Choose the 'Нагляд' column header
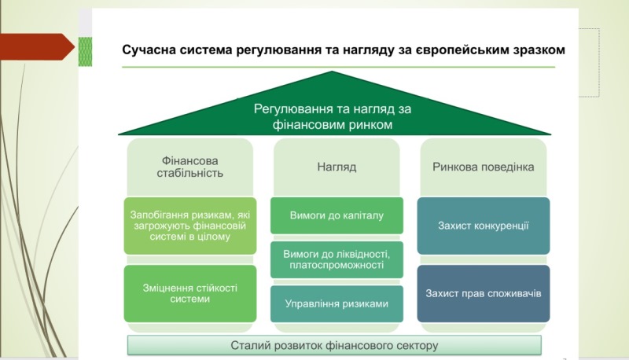[337, 167]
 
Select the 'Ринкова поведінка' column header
[483, 167]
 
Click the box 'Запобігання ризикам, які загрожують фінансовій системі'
[189, 224]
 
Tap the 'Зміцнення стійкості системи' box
[189, 292]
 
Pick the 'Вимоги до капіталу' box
[337, 215]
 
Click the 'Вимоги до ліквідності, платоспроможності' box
[337, 259]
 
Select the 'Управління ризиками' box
[337, 303]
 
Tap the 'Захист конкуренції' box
[483, 225]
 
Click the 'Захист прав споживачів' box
[483, 293]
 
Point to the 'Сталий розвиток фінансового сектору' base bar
[334, 345]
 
